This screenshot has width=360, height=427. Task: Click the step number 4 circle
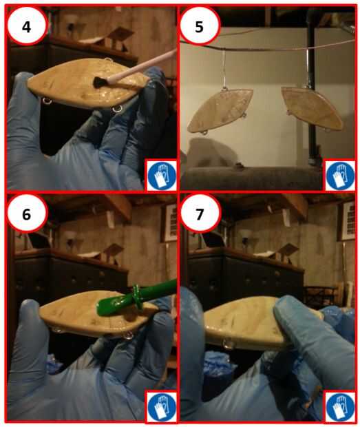(26, 26)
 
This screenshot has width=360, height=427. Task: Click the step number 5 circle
(200, 26)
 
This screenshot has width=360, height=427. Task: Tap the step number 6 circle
(26, 214)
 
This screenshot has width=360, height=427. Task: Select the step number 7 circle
(200, 214)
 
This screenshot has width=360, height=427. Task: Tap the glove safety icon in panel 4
(162, 175)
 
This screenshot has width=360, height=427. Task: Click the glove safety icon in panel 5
(340, 175)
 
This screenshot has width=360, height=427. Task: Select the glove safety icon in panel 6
(162, 406)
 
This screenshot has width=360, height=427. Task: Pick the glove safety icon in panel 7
(340, 406)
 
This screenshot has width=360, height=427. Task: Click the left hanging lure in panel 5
(220, 111)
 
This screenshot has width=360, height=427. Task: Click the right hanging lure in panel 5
(312, 108)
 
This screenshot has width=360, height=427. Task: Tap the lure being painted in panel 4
(87, 84)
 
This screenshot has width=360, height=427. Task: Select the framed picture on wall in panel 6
(170, 222)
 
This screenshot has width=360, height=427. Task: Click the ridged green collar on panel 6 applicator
(138, 297)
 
